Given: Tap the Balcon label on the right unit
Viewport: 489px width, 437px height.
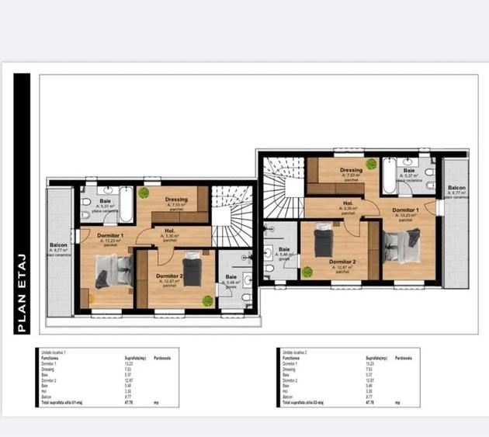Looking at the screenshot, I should (x=456, y=189).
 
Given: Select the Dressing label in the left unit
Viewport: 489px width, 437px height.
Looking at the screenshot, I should (x=176, y=199).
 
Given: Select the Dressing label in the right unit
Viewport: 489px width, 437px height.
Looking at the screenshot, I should (x=351, y=171).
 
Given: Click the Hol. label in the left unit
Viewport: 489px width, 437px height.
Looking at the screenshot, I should (x=169, y=231).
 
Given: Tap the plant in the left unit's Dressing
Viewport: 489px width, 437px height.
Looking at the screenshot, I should (x=144, y=192).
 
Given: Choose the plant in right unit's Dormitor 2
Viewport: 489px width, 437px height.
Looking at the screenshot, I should (x=307, y=272).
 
